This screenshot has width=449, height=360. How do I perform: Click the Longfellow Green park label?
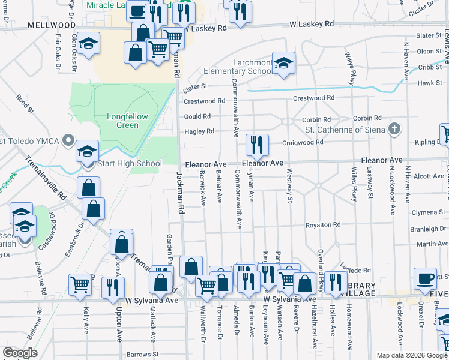click(122, 121)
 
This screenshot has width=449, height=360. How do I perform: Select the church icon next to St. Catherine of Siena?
click(394, 129)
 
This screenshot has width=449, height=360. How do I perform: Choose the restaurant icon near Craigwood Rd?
click(256, 144)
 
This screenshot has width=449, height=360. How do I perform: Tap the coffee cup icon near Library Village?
click(426, 278)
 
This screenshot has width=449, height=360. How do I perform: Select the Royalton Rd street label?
click(323, 225)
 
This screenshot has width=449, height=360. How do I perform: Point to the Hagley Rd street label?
click(199, 131)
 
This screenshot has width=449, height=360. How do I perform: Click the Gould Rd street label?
click(197, 116)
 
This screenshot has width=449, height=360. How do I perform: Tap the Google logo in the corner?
click(20, 352)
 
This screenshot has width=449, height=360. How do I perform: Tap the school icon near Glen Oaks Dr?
click(89, 44)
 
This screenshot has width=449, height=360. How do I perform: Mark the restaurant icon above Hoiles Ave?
click(336, 282)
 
